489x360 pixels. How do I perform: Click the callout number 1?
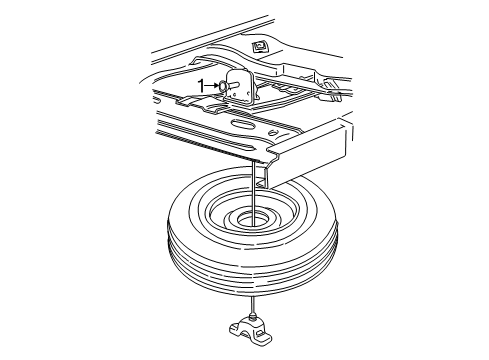coord(201,86)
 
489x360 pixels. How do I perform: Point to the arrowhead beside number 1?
coord(216,86)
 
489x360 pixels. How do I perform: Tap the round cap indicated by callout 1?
coord(222,86)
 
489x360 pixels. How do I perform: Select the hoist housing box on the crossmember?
coord(240,87)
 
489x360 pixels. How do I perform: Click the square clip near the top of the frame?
coord(259,46)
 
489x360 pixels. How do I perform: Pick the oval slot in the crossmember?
coord(243,125)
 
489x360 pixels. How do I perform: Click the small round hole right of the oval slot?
coord(273,133)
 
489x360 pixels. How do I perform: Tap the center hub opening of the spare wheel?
coord(252,220)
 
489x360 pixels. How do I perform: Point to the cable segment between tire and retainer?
coord(254,304)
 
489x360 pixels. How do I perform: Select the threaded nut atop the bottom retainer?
coord(254,316)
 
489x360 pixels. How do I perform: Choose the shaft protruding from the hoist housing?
coord(232,86)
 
